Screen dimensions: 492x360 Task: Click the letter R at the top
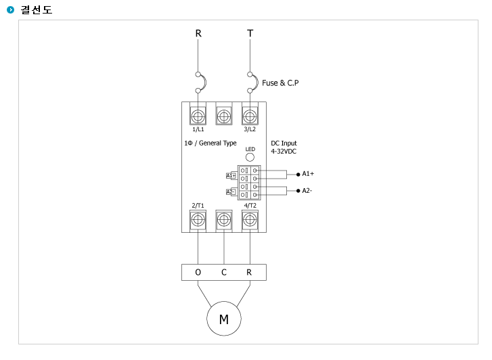pos(198,33)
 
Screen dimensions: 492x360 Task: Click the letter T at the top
pos(250,33)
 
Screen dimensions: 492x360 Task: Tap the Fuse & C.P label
pos(280,83)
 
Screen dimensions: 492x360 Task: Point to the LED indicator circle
pos(250,157)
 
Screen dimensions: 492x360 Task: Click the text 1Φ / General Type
pos(210,143)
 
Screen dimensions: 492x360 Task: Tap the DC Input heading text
pos(284,143)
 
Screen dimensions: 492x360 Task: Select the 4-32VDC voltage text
pos(284,152)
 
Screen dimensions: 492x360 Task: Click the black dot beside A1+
pos(298,174)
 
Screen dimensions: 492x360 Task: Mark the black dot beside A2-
pos(298,191)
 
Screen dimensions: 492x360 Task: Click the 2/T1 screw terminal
pos(198,220)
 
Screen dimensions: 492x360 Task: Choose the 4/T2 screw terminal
pos(250,220)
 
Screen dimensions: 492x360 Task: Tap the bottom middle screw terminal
pos(224,220)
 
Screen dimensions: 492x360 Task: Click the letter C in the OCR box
pos(224,273)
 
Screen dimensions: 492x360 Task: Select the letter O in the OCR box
pos(198,273)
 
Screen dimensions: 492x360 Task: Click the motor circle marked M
pos(224,319)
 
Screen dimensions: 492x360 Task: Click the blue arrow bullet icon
pos(10,10)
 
